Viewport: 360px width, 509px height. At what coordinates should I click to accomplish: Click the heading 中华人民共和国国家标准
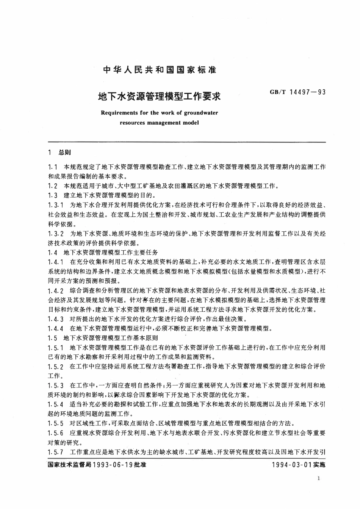[160, 70]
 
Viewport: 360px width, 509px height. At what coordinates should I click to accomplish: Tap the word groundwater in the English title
[201, 112]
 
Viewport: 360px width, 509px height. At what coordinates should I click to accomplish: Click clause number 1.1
[53, 167]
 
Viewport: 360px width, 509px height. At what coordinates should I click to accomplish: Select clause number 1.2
[53, 186]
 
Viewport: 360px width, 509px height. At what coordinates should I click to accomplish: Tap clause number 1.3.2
[56, 234]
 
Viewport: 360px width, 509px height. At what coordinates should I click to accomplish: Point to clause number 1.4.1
[56, 262]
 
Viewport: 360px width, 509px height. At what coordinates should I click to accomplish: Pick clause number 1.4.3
[56, 319]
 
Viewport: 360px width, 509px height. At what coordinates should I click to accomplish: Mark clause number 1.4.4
[56, 328]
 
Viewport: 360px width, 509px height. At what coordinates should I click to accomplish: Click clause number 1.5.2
[56, 367]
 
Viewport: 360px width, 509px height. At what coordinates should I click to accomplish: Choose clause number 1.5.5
[56, 423]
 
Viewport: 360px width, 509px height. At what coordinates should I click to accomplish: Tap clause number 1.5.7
[56, 452]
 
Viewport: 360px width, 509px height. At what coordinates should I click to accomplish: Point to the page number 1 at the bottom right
[319, 478]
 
